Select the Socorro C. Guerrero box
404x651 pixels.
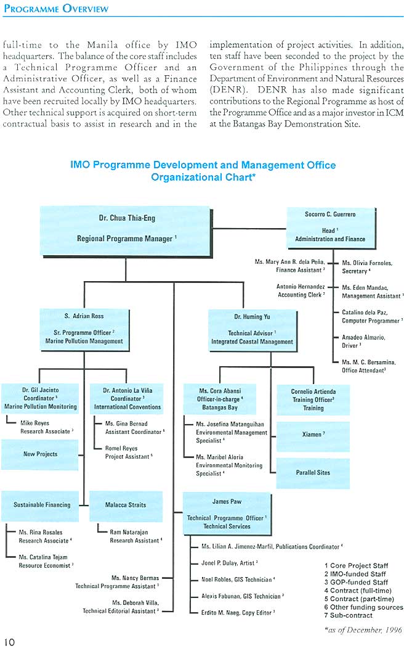[x=329, y=226]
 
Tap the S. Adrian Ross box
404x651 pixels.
[x=84, y=329]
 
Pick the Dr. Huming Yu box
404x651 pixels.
[x=252, y=329]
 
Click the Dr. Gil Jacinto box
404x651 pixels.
[x=40, y=398]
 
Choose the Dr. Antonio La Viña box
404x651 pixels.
[x=127, y=398]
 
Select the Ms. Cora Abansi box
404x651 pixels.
[x=220, y=399]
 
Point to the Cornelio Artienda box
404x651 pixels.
[x=313, y=399]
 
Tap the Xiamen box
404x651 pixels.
[x=313, y=435]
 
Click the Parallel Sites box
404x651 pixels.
[x=313, y=473]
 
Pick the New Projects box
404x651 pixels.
[x=40, y=454]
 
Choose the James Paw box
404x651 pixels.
[x=225, y=514]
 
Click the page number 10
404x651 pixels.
[x=8, y=642]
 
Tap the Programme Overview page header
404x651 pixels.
[x=55, y=9]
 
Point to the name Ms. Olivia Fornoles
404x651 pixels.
[x=366, y=263]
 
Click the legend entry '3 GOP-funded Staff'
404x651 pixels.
[x=356, y=582]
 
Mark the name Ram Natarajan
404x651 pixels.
[x=129, y=532]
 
